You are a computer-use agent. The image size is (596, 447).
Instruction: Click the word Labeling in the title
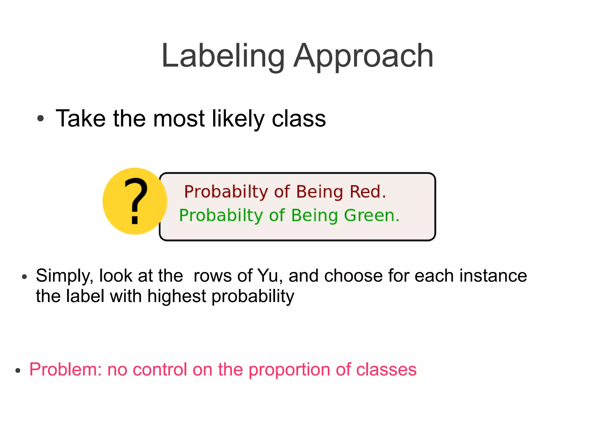coord(223,56)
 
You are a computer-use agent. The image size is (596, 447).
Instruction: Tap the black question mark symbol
coord(136,201)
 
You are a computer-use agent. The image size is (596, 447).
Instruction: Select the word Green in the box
coord(371,215)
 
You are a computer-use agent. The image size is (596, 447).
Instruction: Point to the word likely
coord(238,119)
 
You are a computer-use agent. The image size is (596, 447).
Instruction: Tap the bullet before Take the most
coord(40,119)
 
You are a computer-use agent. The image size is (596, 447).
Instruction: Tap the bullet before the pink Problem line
coord(18,370)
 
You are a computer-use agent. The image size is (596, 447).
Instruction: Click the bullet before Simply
coord(24,277)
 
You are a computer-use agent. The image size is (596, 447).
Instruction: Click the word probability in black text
coord(253,296)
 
